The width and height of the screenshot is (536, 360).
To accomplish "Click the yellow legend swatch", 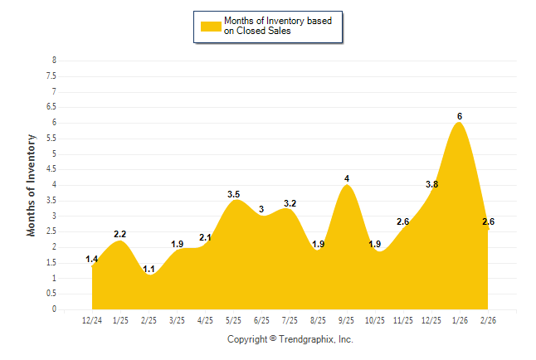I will pyautogui.click(x=211, y=26).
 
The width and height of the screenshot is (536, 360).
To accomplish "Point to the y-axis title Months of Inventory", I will pyautogui.click(x=32, y=185).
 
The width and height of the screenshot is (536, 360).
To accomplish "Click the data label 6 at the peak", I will pyautogui.click(x=460, y=116).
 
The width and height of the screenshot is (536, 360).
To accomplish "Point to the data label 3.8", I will pyautogui.click(x=432, y=184).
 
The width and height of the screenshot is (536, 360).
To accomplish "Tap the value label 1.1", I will pyautogui.click(x=149, y=269).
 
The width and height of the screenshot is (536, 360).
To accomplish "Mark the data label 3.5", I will pyautogui.click(x=234, y=194).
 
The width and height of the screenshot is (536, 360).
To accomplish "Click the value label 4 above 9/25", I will pyautogui.click(x=347, y=178).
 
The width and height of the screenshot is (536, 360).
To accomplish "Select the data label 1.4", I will pyautogui.click(x=92, y=260).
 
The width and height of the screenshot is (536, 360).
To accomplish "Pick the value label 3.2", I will pyautogui.click(x=290, y=203).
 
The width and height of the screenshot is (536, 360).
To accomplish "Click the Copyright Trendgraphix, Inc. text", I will pyautogui.click(x=290, y=340).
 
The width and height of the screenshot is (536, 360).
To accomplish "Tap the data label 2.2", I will pyautogui.click(x=120, y=235).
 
